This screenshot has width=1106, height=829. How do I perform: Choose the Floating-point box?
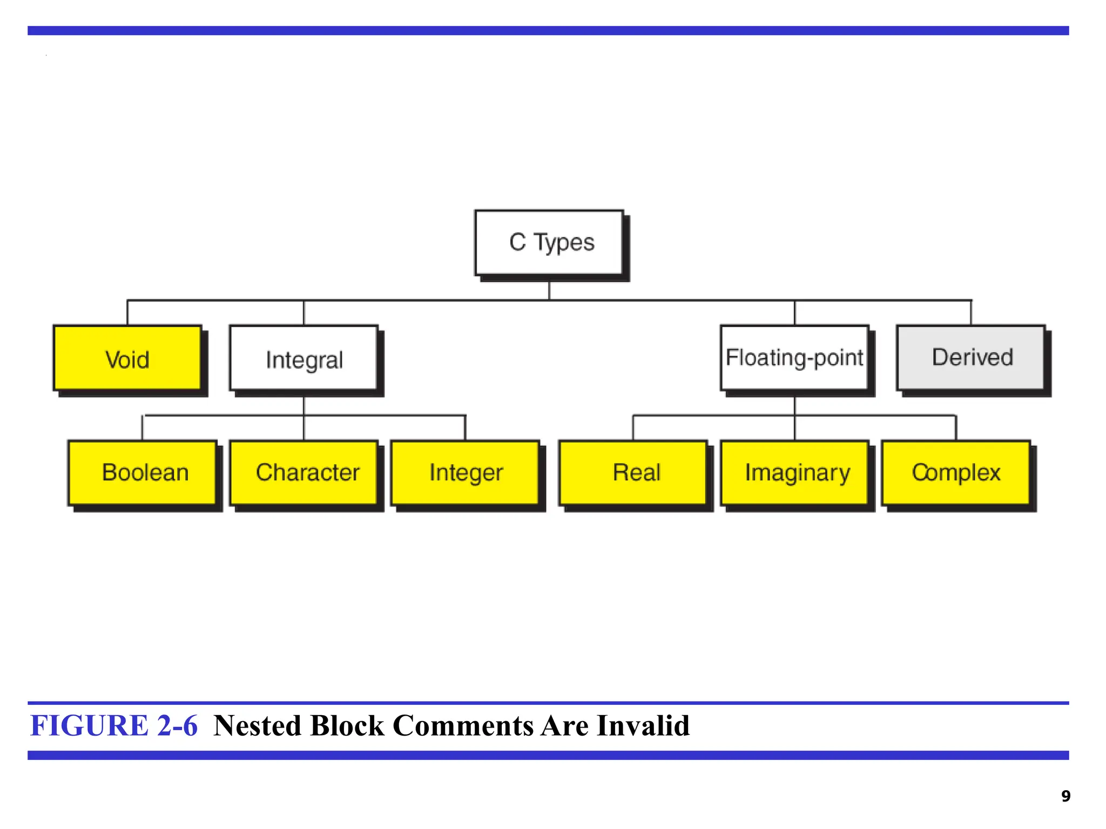pos(794,357)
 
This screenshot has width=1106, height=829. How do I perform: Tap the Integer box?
pos(466,472)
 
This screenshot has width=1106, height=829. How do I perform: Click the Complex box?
pos(956,472)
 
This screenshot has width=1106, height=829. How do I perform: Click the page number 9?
pos(1065,796)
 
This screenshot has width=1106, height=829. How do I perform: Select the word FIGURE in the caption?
pos(89,725)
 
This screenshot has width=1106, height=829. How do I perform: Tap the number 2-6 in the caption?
pos(177,725)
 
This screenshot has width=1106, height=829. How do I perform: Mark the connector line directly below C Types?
pos(549,290)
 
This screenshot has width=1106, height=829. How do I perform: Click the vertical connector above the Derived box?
pos(971,312)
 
